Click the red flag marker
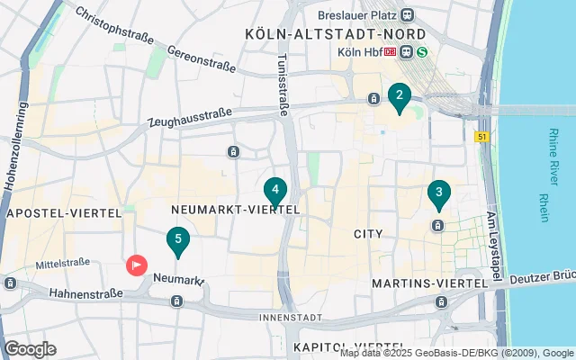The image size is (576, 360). click(x=136, y=265)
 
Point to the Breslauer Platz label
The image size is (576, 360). click(x=357, y=14)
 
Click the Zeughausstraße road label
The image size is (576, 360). click(x=188, y=118)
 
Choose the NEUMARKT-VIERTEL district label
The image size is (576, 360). click(x=235, y=209)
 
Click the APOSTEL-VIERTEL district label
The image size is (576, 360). click(x=62, y=213)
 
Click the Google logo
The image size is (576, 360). click(x=30, y=349)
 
